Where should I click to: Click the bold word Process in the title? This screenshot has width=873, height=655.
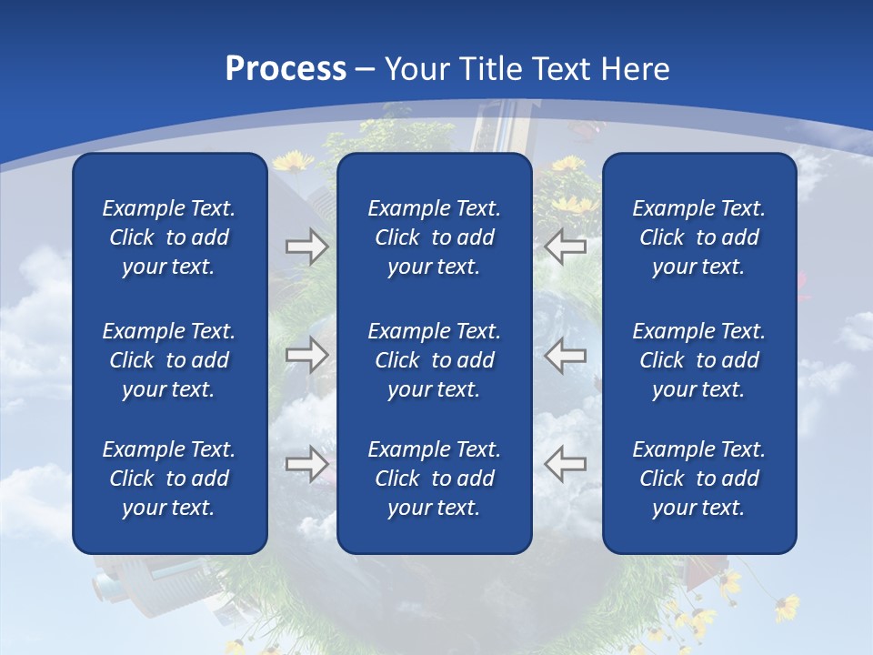tap(286, 69)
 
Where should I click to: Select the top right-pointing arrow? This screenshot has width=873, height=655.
tap(306, 246)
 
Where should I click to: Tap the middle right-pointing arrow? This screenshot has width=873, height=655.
tap(306, 355)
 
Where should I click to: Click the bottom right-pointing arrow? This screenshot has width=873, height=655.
tap(306, 464)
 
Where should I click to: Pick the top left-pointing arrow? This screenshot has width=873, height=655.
tap(566, 246)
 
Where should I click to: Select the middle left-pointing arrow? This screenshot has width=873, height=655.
tap(566, 355)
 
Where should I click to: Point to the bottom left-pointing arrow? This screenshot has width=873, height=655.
tap(566, 464)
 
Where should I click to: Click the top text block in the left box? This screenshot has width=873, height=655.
tap(169, 237)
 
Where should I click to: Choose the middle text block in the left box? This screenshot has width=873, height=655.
tap(169, 360)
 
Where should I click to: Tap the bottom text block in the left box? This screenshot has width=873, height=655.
tap(169, 479)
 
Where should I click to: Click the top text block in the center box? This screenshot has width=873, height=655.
tap(434, 237)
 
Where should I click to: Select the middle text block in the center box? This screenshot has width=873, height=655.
tap(434, 360)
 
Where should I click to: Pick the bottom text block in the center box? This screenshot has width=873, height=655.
tap(434, 479)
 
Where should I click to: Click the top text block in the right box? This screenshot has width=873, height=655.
tap(699, 237)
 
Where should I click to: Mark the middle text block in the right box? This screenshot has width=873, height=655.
tap(699, 360)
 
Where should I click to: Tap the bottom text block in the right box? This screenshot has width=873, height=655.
tap(699, 479)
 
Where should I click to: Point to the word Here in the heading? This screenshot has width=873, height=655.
tap(636, 69)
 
